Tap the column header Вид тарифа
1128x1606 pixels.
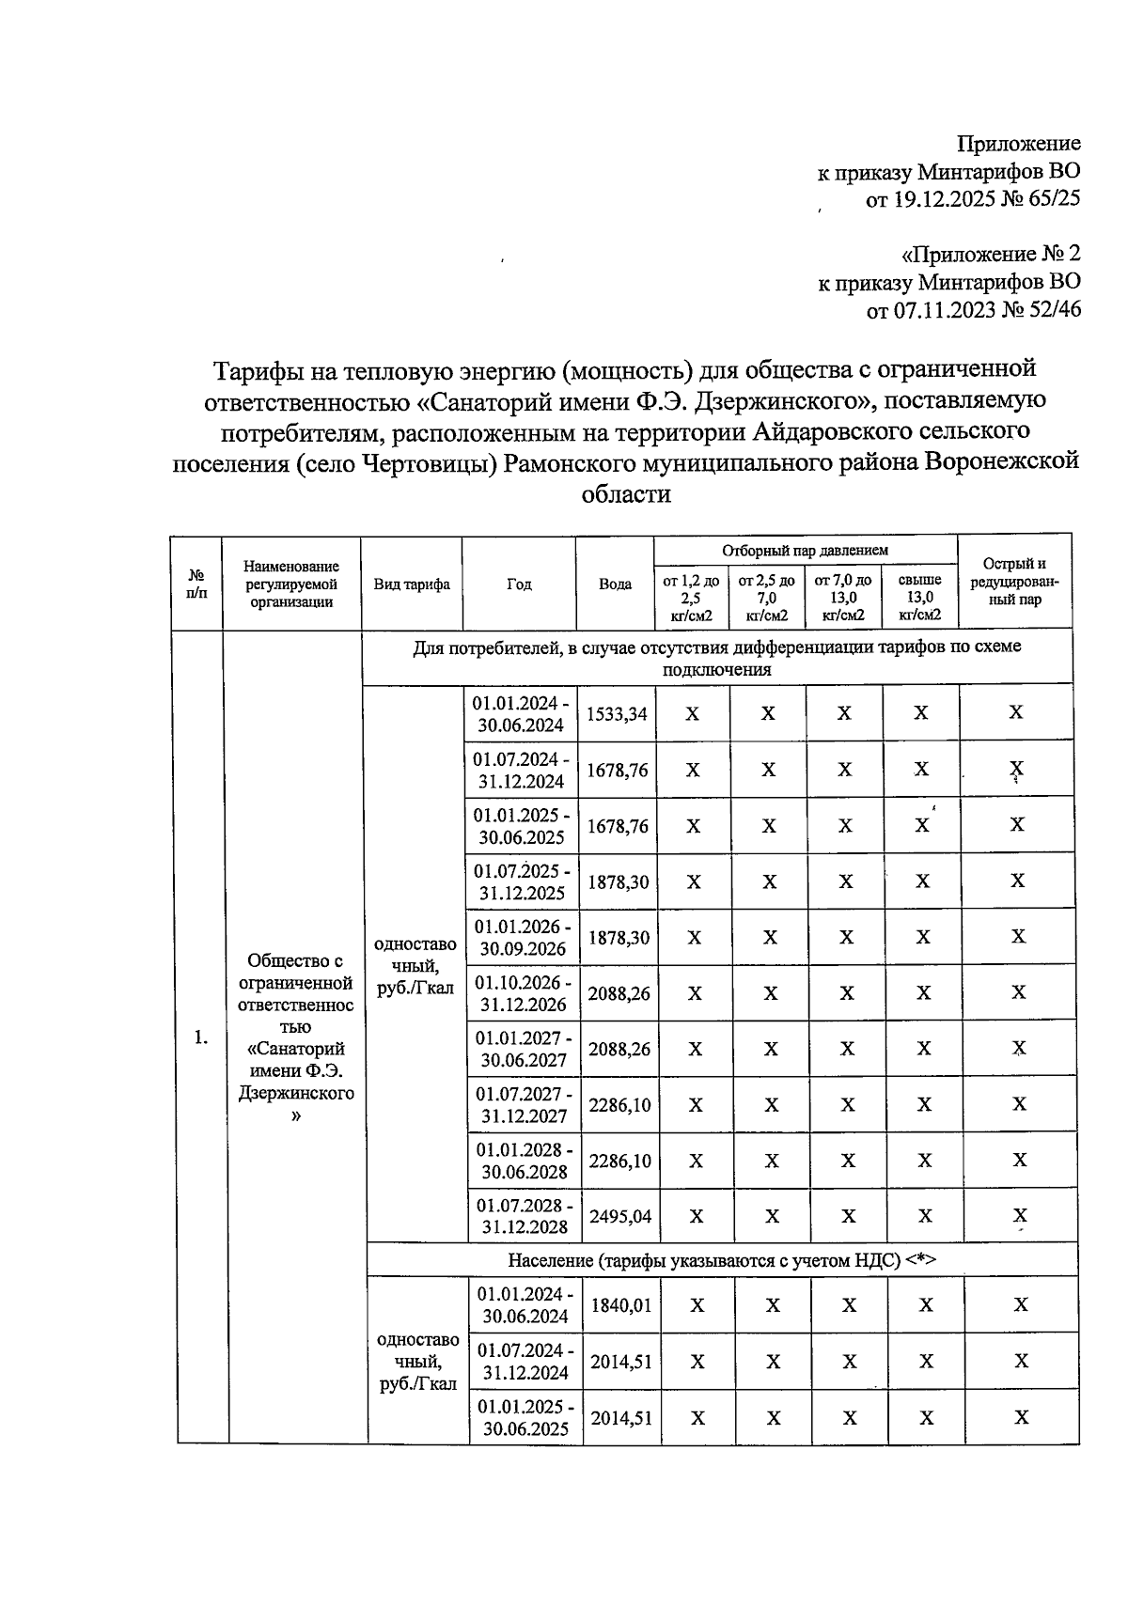click(x=412, y=584)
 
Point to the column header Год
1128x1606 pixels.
click(x=519, y=584)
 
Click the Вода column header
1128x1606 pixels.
click(x=615, y=584)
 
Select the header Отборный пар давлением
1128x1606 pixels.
click(x=805, y=550)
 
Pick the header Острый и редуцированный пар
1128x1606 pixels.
click(x=1013, y=582)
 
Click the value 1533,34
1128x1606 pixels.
click(x=617, y=714)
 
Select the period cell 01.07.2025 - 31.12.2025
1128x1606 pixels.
click(x=521, y=881)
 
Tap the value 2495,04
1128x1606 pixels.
click(x=619, y=1216)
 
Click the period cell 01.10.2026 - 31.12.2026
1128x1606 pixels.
click(x=522, y=993)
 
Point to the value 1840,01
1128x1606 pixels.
click(x=620, y=1305)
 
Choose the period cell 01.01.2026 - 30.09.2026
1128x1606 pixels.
click(x=522, y=938)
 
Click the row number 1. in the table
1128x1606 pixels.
click(x=200, y=1037)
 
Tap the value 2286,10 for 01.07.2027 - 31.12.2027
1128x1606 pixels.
click(x=619, y=1105)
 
